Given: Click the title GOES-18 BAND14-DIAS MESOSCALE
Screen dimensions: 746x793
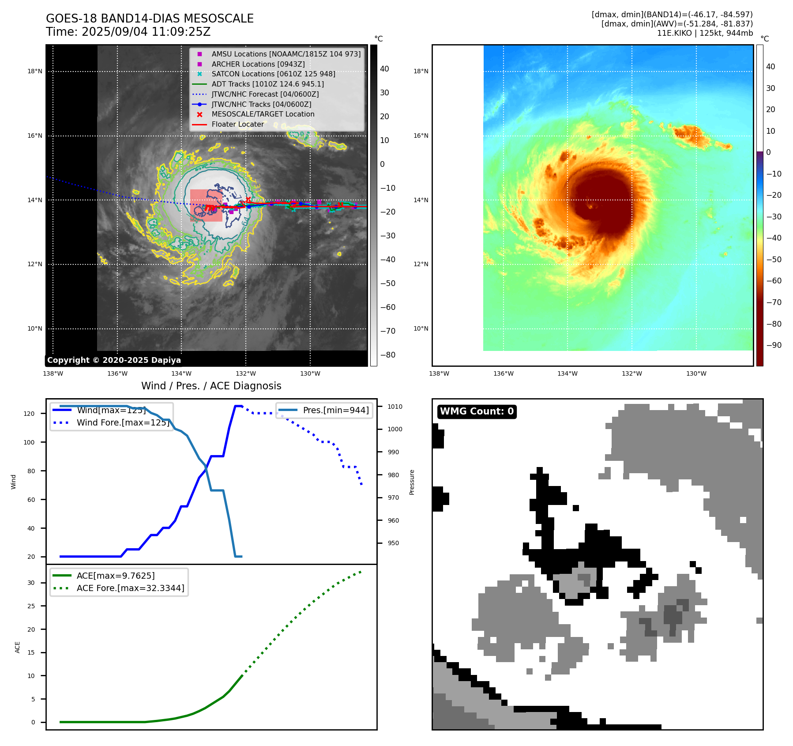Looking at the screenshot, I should click(150, 19).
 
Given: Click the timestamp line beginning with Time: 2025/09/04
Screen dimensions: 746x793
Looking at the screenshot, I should click(128, 32).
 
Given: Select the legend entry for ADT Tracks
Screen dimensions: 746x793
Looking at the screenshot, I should click(267, 84).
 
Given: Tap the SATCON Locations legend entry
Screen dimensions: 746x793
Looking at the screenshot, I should click(273, 74).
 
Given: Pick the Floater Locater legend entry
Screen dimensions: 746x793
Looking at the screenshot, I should click(237, 124).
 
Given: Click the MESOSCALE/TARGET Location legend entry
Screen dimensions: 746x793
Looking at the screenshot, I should click(263, 114).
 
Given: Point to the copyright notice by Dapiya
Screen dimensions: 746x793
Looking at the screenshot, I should click(114, 360).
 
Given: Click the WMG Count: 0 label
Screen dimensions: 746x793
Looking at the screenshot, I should click(477, 411).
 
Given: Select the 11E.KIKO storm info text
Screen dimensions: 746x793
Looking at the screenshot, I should click(705, 33).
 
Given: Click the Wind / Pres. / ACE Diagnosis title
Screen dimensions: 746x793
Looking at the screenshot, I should click(211, 386).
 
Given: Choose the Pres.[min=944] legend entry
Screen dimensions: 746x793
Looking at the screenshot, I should click(336, 410).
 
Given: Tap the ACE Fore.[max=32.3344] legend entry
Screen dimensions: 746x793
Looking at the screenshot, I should click(130, 588).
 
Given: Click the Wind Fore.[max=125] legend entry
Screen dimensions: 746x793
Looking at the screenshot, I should click(123, 422).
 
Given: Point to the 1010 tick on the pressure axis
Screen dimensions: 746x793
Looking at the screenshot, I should click(395, 407).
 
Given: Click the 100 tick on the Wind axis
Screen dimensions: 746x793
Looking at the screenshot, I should click(29, 442).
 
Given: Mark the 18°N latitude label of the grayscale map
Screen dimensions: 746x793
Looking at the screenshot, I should click(35, 71).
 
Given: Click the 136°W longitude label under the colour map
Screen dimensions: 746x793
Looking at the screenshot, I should click(503, 373).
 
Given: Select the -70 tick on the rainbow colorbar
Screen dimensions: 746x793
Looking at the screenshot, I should click(774, 302).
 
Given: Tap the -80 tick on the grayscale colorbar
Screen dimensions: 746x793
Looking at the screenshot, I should click(388, 355).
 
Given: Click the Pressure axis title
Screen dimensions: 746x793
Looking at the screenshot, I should click(412, 482).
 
